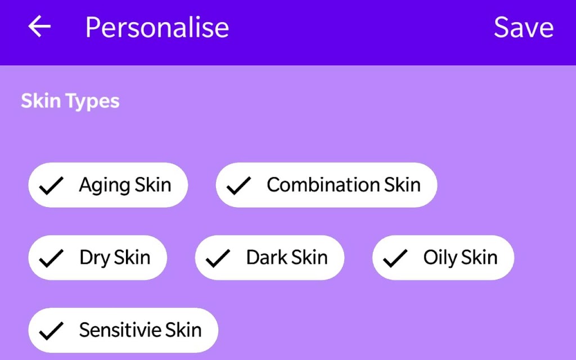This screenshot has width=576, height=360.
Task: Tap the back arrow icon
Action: click(39, 26)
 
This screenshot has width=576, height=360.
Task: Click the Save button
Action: click(524, 27)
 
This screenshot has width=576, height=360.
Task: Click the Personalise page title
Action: click(157, 27)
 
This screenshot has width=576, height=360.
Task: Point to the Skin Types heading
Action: click(70, 101)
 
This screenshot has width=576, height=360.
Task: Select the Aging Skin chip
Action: click(108, 184)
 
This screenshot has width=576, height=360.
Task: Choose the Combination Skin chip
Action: click(327, 184)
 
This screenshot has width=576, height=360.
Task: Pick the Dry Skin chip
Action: click(98, 258)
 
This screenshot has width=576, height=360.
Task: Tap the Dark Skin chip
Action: click(269, 258)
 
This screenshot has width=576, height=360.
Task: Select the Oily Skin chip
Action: click(443, 258)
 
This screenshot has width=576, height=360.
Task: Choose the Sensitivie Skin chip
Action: click(123, 330)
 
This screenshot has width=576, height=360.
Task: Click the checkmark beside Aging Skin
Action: click(51, 186)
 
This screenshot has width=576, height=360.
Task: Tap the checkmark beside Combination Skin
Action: click(238, 186)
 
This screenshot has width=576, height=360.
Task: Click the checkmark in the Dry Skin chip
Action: click(51, 258)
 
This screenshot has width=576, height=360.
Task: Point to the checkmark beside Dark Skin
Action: click(218, 258)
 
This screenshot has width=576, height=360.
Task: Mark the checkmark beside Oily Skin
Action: click(395, 258)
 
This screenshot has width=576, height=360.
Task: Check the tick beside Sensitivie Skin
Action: click(51, 331)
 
